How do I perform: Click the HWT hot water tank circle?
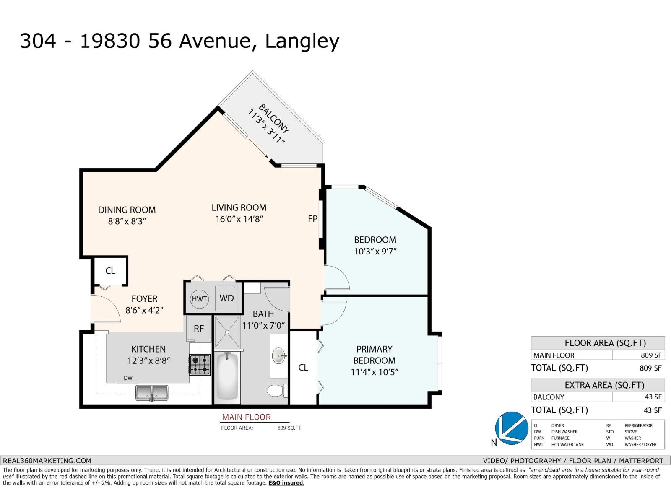coord(199,299)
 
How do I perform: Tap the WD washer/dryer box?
coord(227,298)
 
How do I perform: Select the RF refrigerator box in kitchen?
coord(199,329)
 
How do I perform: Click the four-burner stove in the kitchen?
coord(200,365)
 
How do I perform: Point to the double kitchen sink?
coord(152,392)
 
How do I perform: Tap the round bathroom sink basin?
coord(278,356)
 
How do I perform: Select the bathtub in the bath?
coord(227,377)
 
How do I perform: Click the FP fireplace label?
coord(312,219)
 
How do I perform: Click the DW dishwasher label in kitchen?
coord(128,378)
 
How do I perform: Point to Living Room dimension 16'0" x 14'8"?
coord(239,219)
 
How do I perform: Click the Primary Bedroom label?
coord(374,355)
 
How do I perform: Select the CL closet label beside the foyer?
coord(110,271)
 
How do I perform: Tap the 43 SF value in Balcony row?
coord(653,397)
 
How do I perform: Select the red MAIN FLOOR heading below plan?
coord(247,417)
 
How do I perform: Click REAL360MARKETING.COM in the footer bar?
coord(47,460)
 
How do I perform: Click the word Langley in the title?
coord(302,41)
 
